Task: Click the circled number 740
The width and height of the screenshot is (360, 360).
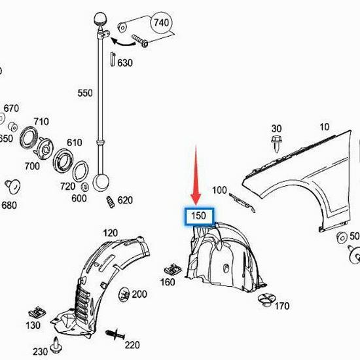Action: point(161,23)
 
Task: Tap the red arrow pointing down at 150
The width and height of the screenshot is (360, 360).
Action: point(196,175)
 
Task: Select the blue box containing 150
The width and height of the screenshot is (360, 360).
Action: point(199,216)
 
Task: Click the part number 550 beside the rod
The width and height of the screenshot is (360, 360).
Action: point(85,93)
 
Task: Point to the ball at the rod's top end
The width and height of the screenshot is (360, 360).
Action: point(100,19)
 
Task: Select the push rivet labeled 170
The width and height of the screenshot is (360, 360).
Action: point(267,299)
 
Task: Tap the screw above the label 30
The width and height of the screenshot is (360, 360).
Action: point(277,143)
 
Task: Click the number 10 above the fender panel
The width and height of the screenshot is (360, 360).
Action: point(325,127)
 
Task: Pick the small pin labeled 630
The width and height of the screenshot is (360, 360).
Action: point(113,59)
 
